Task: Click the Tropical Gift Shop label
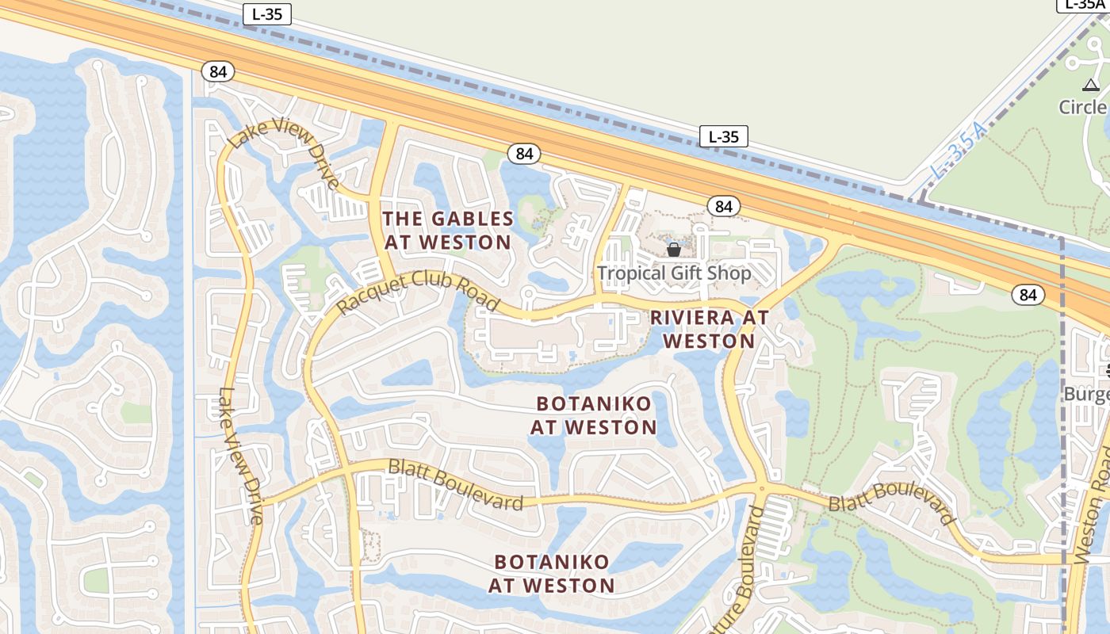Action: (673, 273)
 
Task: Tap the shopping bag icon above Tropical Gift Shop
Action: (674, 250)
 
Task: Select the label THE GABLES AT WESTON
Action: (448, 230)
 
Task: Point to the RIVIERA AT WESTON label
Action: (710, 329)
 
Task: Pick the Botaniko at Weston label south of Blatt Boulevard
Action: (552, 574)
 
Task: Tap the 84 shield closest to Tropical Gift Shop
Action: (723, 206)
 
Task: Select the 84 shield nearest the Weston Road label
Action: (1028, 295)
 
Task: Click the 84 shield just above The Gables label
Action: (524, 154)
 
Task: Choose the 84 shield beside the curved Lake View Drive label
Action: (218, 71)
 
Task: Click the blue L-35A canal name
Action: (959, 150)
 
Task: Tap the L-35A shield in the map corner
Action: (1083, 5)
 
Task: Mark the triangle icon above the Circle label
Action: (1090, 85)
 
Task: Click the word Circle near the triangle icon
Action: (1084, 107)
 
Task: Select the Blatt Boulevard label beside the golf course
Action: (891, 504)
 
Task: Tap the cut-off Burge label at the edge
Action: (1085, 394)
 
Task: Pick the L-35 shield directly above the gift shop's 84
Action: (724, 136)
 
